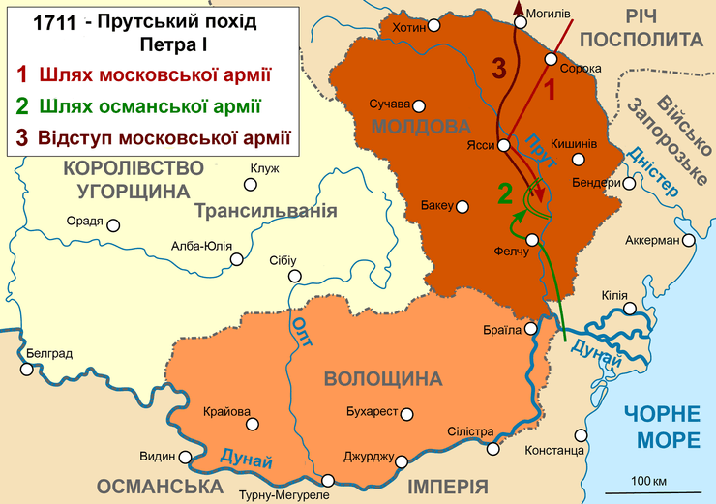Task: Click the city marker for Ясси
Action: pyautogui.click(x=503, y=146)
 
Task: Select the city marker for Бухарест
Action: pyautogui.click(x=407, y=414)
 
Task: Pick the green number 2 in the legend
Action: pyautogui.click(x=21, y=104)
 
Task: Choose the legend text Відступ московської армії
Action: pyautogui.click(x=164, y=135)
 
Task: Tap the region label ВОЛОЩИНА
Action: pyautogui.click(x=375, y=378)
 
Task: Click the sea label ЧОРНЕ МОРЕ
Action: pyautogui.click(x=662, y=427)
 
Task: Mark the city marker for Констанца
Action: pyautogui.click(x=581, y=435)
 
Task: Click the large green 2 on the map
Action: pyautogui.click(x=504, y=193)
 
